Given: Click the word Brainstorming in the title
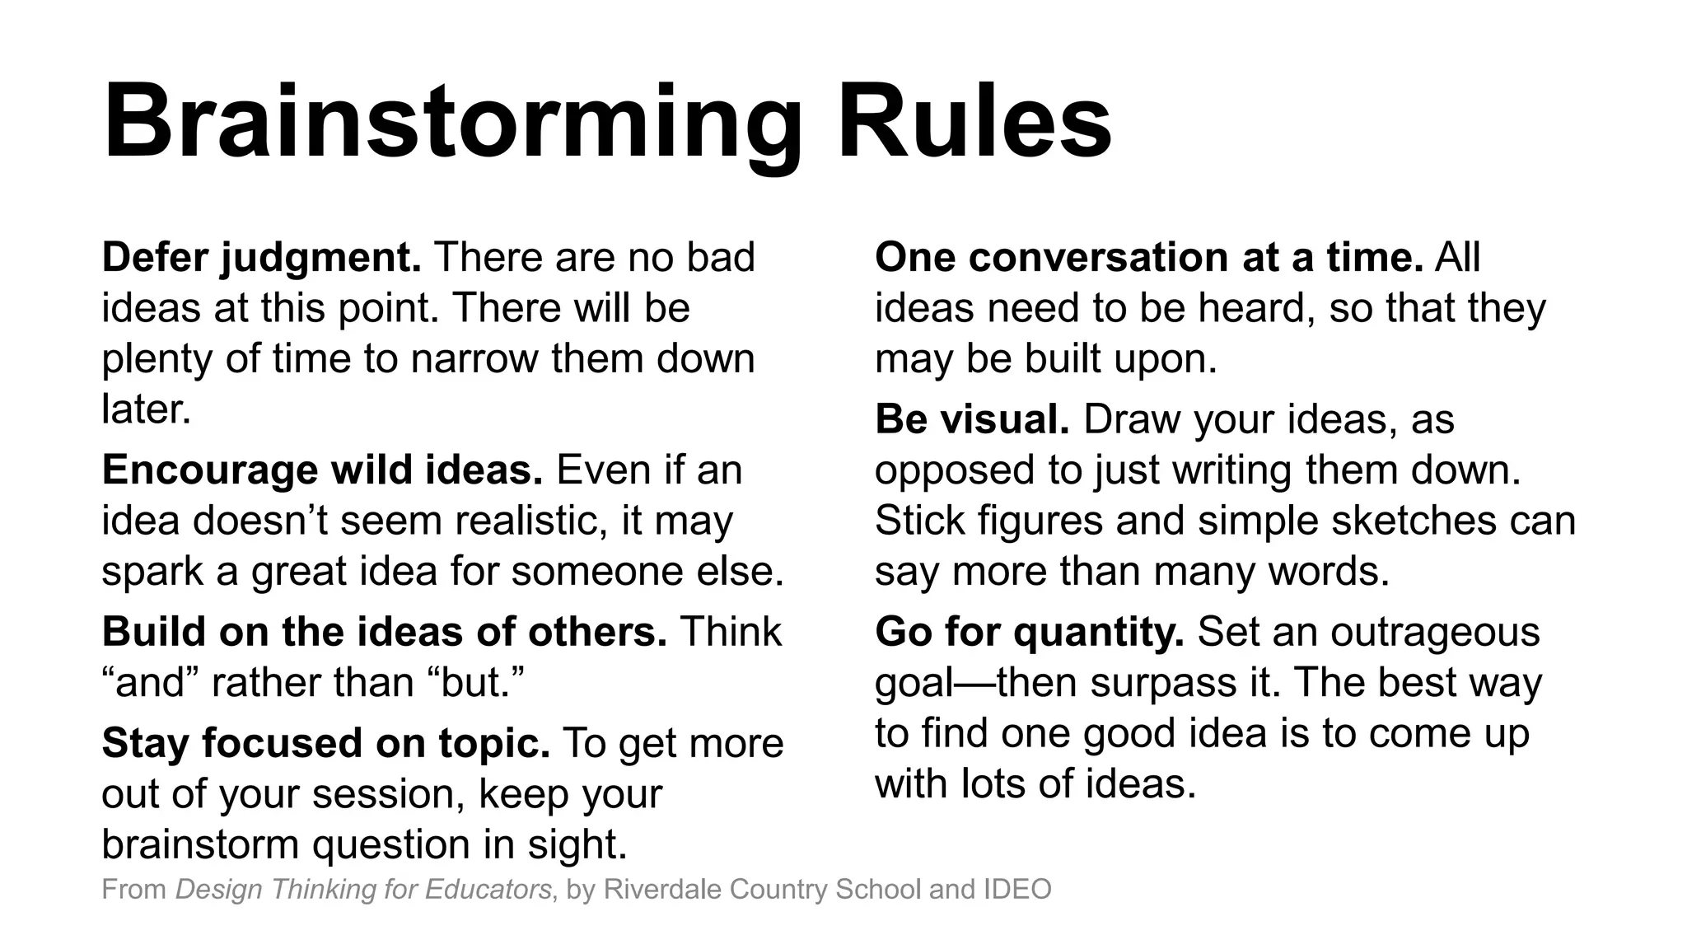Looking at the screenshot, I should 451,124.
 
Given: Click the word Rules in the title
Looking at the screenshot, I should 974,124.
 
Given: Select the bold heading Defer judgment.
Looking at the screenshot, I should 261,257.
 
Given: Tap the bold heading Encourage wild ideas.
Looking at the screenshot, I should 322,470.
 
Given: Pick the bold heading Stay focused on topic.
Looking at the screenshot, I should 325,742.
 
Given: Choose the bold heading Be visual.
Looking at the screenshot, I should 972,418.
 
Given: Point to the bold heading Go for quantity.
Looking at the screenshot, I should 1029,632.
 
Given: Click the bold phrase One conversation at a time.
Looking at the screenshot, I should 1149,257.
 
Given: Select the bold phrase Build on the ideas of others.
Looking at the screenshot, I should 384,632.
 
